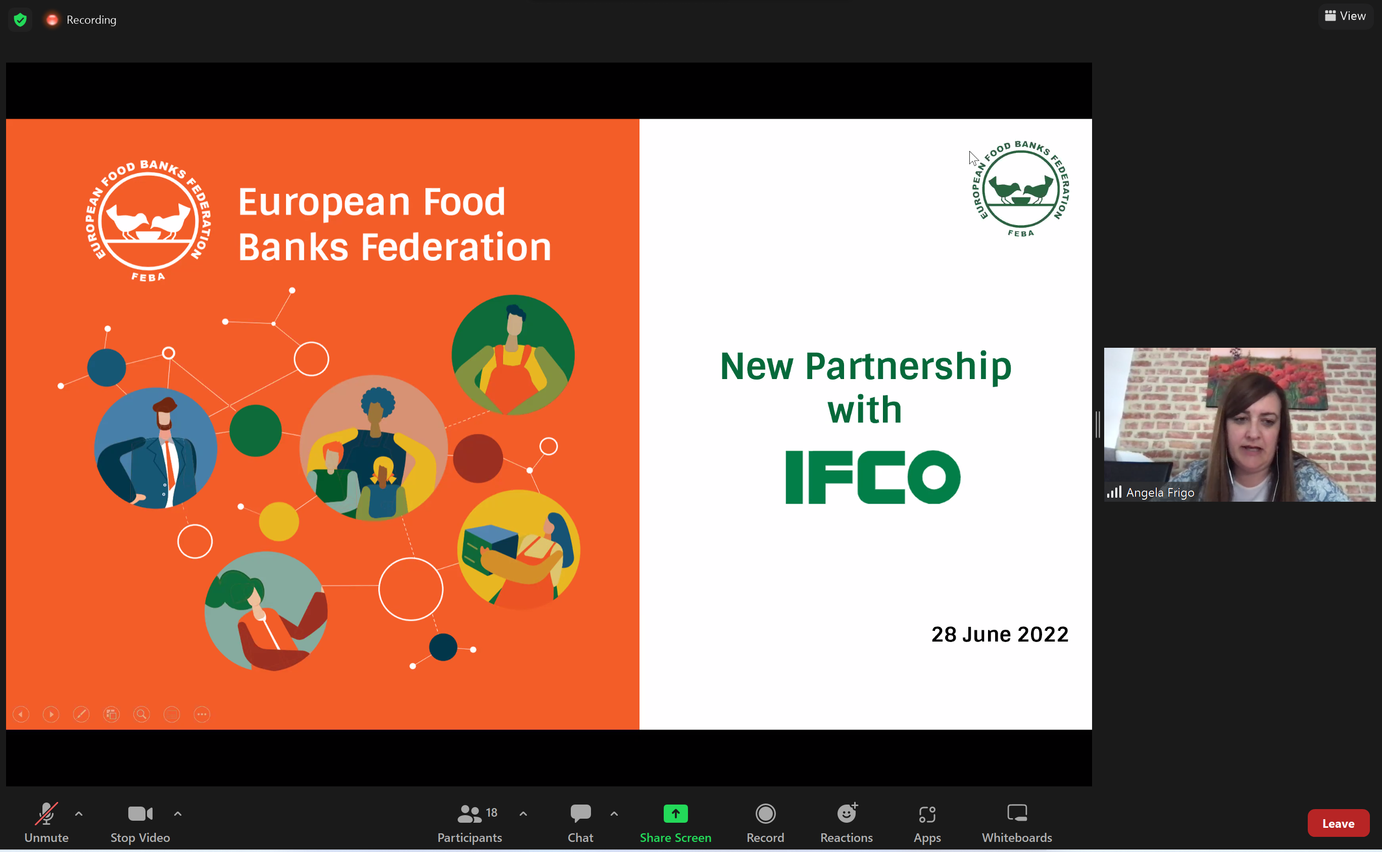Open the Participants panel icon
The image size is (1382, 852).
pyautogui.click(x=469, y=814)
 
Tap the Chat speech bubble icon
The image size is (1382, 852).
pyautogui.click(x=580, y=813)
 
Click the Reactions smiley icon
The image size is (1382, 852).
pyautogui.click(x=847, y=813)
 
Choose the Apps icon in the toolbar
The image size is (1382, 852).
pyautogui.click(x=927, y=814)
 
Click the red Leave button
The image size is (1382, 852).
pyautogui.click(x=1338, y=823)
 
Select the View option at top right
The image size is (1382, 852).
pyautogui.click(x=1345, y=16)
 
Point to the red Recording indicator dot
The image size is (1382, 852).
pyautogui.click(x=52, y=20)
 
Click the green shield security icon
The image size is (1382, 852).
pyautogui.click(x=20, y=20)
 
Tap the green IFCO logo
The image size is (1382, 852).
pyautogui.click(x=872, y=476)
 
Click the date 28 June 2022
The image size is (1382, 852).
pyautogui.click(x=1000, y=634)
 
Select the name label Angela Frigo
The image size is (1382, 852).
pyautogui.click(x=1160, y=493)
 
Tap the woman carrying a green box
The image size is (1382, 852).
pyautogui.click(x=518, y=549)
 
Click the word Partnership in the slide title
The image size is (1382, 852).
pyautogui.click(x=908, y=367)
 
